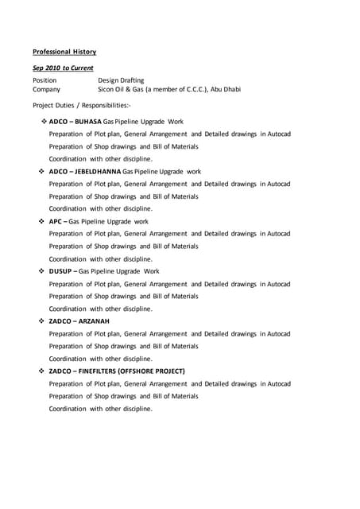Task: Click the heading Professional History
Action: [x=64, y=52]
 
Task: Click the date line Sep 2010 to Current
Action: [x=63, y=68]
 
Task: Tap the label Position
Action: [x=45, y=80]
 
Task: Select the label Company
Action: [x=46, y=90]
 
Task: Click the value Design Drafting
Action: [x=121, y=80]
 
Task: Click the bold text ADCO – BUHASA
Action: [x=77, y=122]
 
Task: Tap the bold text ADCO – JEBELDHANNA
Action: [x=85, y=171]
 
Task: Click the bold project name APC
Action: [x=55, y=221]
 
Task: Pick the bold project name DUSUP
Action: [x=60, y=271]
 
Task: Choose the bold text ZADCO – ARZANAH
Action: [x=79, y=321]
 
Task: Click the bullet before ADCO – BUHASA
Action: [x=44, y=122]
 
